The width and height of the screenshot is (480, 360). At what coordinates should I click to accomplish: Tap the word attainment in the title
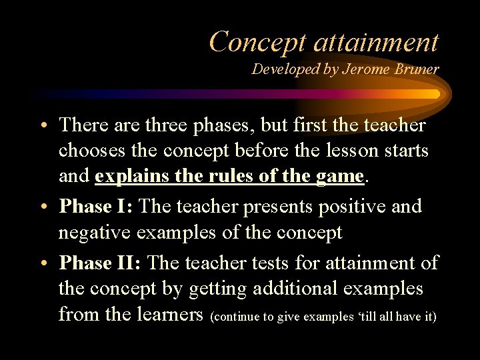coord(376,41)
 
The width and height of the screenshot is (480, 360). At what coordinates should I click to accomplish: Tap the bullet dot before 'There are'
coord(49,125)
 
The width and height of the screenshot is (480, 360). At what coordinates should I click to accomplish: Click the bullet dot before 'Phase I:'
coord(49,207)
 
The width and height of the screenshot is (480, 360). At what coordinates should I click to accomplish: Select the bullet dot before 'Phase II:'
coord(49,264)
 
